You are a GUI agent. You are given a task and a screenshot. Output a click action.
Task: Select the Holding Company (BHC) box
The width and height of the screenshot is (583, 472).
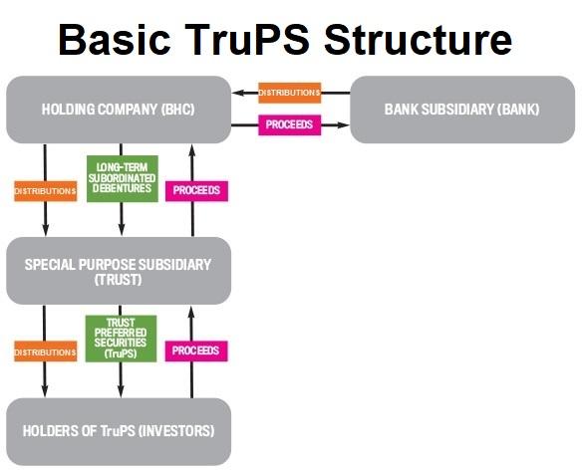(119, 109)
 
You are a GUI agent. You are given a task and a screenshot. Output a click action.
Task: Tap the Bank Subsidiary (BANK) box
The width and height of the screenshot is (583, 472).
(461, 109)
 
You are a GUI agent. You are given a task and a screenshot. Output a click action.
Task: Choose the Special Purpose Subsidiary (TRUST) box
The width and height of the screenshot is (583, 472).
(119, 271)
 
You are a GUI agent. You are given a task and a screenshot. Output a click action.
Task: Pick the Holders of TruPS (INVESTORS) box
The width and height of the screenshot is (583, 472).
(119, 431)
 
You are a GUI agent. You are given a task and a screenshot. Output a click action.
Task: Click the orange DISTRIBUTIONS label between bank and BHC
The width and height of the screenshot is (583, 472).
(289, 93)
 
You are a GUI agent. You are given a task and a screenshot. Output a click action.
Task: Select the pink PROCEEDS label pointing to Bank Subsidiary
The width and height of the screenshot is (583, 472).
(289, 125)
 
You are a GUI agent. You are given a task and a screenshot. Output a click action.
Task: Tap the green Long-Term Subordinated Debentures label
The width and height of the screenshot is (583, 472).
(122, 179)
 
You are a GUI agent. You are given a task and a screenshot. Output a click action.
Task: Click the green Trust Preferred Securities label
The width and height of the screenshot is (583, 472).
(122, 340)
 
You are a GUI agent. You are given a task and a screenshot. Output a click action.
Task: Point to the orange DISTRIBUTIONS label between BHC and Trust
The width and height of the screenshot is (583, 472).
(45, 190)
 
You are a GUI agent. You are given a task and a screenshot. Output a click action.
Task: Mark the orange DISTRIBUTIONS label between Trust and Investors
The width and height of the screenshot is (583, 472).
(45, 352)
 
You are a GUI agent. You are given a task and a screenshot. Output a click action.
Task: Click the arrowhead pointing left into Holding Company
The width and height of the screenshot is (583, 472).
(237, 93)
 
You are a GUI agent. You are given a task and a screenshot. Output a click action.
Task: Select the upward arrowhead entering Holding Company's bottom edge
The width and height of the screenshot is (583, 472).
(193, 148)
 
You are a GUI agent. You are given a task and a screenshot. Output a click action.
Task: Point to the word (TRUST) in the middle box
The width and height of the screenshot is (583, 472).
(119, 281)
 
